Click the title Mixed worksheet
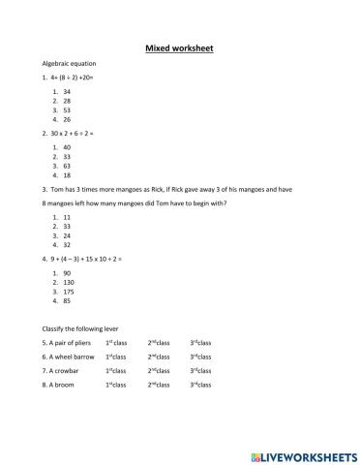click(179, 46)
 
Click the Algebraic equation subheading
click(66, 64)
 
